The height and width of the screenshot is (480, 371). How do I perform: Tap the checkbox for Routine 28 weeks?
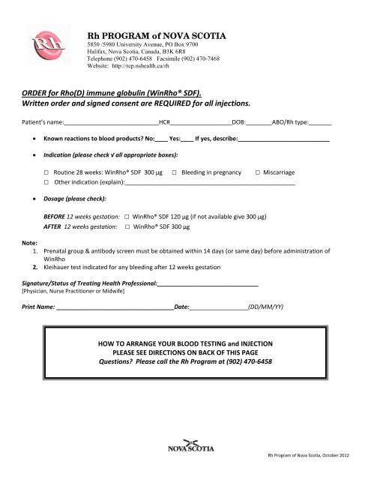[46, 172]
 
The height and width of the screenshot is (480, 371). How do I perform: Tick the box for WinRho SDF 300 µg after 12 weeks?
[127, 225]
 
